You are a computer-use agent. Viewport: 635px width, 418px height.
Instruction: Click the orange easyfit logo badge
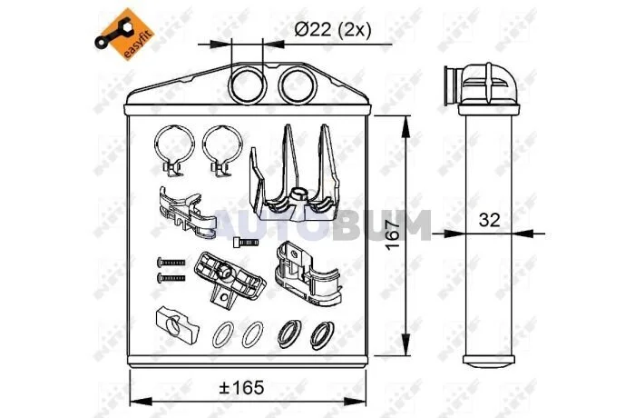(124, 35)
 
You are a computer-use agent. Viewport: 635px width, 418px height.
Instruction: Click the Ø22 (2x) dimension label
(333, 30)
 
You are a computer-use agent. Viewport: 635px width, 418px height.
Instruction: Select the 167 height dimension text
(392, 235)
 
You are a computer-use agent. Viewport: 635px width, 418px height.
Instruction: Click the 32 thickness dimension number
(489, 220)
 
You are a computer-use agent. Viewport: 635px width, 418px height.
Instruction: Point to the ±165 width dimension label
(241, 388)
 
